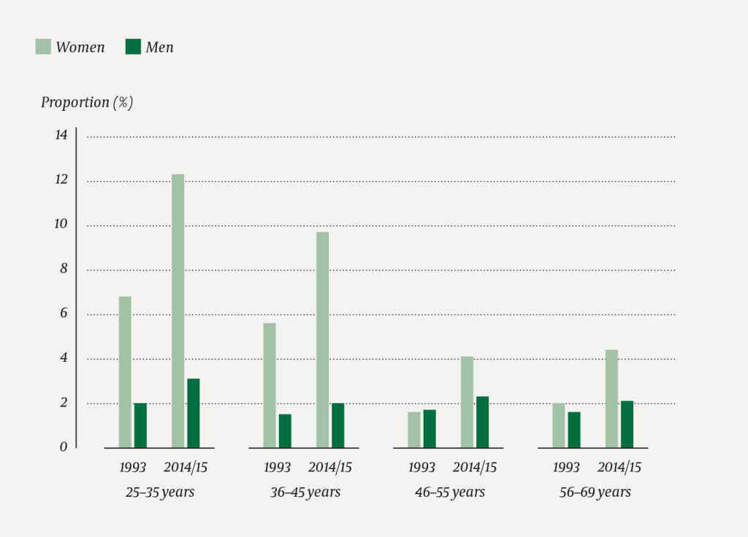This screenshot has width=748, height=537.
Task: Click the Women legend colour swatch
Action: [43, 47]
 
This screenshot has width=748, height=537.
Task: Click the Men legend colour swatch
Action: [133, 47]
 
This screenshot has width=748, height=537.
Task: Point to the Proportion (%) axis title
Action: [86, 102]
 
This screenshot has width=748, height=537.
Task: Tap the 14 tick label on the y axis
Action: [61, 135]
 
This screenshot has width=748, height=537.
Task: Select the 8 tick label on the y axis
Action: [64, 268]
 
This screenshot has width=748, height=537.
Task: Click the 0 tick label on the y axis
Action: [64, 447]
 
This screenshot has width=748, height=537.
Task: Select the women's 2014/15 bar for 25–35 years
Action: [178, 311]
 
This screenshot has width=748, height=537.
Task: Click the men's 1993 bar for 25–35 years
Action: [140, 425]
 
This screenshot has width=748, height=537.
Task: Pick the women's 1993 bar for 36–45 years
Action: [270, 385]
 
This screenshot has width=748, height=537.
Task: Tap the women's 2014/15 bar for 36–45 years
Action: [322, 340]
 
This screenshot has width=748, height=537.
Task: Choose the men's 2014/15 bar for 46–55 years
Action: [482, 422]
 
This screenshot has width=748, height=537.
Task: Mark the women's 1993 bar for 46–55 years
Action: [414, 430]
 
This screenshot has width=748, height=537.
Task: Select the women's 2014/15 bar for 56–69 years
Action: [611, 398]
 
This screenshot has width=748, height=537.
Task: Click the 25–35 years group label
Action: [160, 492]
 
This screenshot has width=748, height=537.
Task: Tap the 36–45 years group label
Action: [305, 492]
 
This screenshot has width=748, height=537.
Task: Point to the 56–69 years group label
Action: [595, 492]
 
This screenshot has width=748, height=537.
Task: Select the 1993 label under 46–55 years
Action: [421, 468]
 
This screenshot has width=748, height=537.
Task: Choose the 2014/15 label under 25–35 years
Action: [186, 468]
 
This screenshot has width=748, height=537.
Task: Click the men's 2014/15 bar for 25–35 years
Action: [193, 413]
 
